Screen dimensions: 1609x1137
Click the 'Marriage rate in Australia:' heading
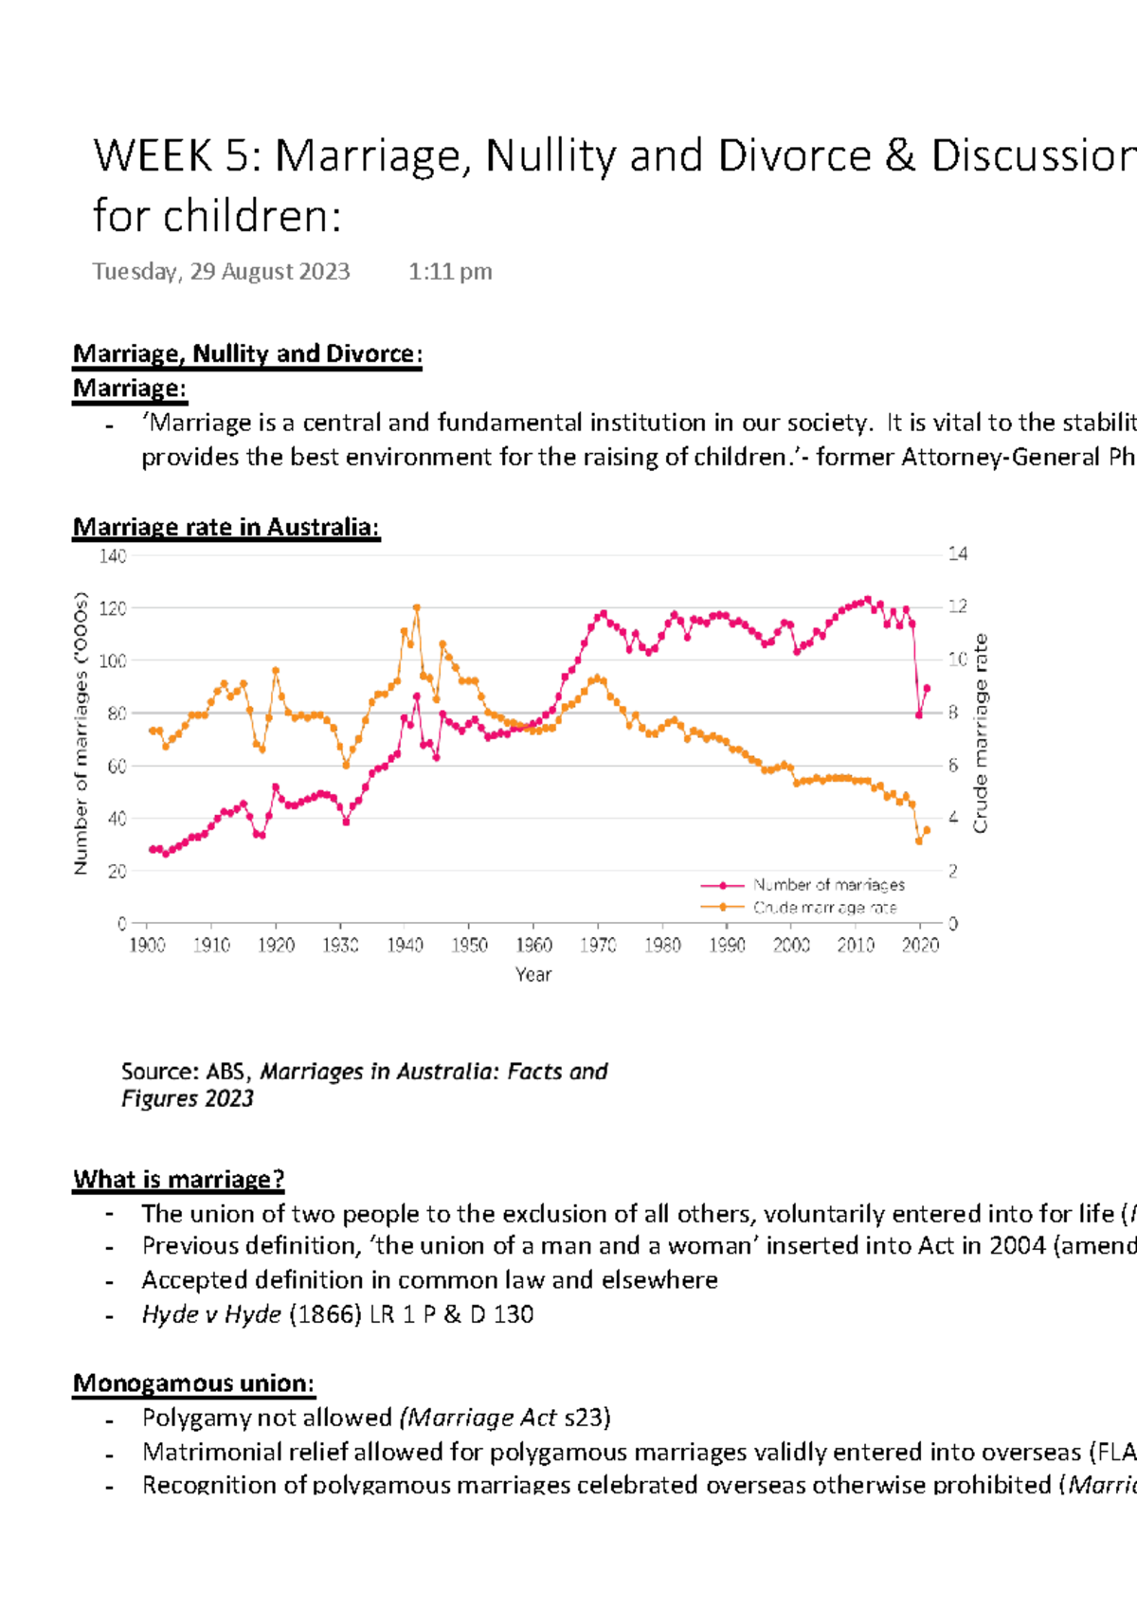226,527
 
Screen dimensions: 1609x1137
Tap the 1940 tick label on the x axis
405,945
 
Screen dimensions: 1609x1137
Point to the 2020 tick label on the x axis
920,945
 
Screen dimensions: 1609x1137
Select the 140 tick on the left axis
113,555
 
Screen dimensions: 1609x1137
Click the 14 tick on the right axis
958,553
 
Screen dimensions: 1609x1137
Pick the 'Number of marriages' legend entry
828,884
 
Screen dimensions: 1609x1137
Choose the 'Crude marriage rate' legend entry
824,907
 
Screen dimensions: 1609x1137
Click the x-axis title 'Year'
533,974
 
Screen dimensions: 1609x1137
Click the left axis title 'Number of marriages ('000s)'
81,733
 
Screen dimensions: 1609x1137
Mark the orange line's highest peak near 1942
417,608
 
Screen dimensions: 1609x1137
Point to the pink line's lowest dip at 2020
919,714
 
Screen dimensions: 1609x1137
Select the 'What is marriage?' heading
178,1179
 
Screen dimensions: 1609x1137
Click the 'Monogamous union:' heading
193,1383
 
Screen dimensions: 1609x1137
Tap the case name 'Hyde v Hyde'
211,1314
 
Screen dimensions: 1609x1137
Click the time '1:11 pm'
450,271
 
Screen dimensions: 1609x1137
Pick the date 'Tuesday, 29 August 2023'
222,271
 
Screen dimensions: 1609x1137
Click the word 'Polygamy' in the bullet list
187,1418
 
